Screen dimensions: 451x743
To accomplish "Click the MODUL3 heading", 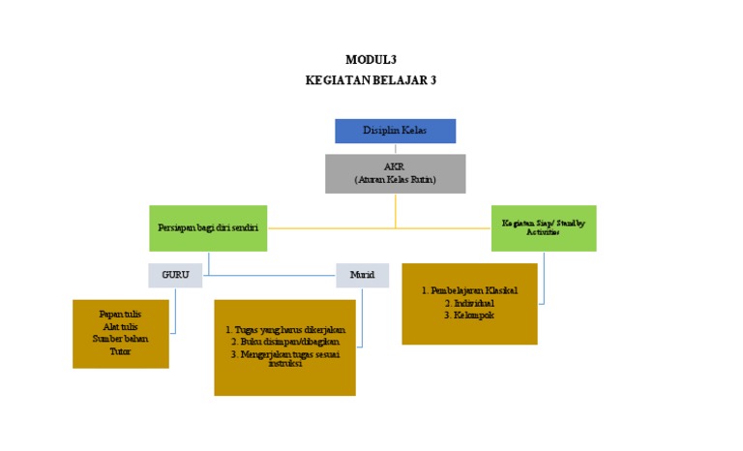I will coord(371,59).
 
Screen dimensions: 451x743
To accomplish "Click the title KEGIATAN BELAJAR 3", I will coord(371,80).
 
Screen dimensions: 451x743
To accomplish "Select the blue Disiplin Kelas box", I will coord(395,130).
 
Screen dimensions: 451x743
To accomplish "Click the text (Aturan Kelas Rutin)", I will coord(395,180).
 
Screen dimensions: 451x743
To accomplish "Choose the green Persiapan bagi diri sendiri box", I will coord(209,228).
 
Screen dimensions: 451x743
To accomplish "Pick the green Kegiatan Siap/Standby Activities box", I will coord(543,227).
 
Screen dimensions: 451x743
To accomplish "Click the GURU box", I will coord(175,275).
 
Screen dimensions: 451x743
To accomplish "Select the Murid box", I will coord(362,275).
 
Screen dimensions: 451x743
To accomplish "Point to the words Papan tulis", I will coord(120,315).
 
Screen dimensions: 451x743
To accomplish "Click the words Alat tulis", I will coord(120,327).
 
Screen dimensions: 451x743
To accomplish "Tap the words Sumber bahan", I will coord(120,339).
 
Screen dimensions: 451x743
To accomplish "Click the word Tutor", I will coord(120,351).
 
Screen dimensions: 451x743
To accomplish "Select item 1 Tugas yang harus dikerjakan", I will coord(284,329).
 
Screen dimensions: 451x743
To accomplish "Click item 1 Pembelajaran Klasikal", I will coord(469,290).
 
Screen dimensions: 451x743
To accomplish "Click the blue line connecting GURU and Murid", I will coord(271,276).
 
